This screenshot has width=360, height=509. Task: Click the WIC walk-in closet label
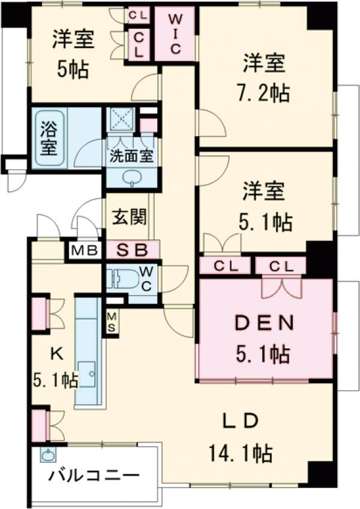pos(175,34)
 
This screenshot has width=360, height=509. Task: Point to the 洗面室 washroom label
pos(131,158)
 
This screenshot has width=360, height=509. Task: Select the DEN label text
pos(263,324)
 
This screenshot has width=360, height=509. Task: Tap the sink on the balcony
pos(46,454)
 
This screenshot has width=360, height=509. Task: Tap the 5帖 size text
pos(73,70)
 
